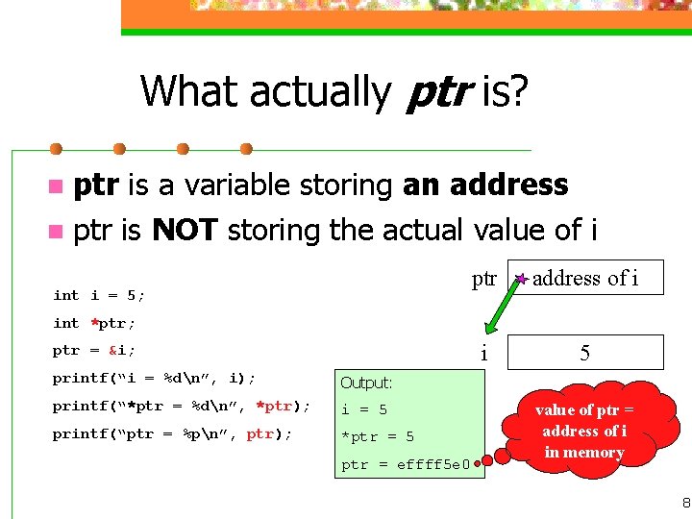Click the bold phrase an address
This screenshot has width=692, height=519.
pyautogui.click(x=485, y=185)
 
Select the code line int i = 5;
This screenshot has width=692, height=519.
pyautogui.click(x=99, y=295)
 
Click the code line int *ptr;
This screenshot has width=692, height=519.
pyautogui.click(x=94, y=323)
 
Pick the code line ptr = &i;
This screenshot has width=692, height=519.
pyautogui.click(x=94, y=350)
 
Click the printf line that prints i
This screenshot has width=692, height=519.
pyautogui.click(x=154, y=378)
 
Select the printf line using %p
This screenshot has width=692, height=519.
pyautogui.click(x=172, y=433)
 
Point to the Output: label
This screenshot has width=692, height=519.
pyautogui.click(x=366, y=383)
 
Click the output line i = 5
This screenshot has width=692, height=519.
pyautogui.click(x=364, y=409)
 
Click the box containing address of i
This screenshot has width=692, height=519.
pyautogui.click(x=584, y=279)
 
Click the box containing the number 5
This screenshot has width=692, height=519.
pyautogui.click(x=584, y=353)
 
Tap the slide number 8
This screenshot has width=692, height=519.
pyautogui.click(x=684, y=503)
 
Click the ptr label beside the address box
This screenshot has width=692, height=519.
pyautogui.click(x=483, y=279)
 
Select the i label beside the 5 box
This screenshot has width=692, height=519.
pyautogui.click(x=483, y=353)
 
